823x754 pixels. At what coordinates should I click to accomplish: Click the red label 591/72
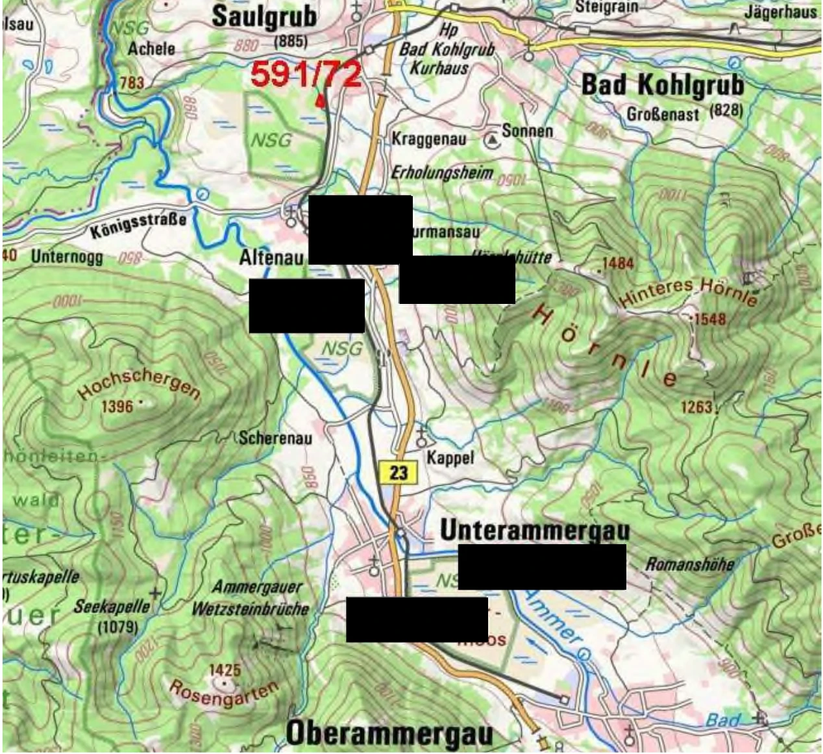click(x=306, y=74)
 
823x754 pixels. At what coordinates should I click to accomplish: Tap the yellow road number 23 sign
click(x=398, y=472)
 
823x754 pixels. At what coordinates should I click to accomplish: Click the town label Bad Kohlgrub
click(x=662, y=85)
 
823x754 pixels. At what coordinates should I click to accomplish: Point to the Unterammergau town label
click(x=535, y=531)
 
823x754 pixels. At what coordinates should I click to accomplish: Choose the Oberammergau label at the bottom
click(x=389, y=733)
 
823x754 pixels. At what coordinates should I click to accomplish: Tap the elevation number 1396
click(x=117, y=407)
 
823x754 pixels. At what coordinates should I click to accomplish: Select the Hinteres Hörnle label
click(x=689, y=293)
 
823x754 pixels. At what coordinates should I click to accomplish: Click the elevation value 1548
click(x=709, y=319)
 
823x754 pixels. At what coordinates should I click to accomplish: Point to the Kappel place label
click(x=450, y=457)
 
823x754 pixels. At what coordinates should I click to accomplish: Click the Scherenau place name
click(x=275, y=438)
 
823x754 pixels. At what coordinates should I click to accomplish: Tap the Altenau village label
click(x=271, y=258)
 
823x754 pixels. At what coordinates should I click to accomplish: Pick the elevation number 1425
click(x=225, y=670)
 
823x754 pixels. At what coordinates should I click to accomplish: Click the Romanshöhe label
click(x=689, y=564)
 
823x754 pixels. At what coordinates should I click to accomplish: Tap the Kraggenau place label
click(x=428, y=139)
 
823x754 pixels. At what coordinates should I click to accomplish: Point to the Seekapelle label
click(x=111, y=607)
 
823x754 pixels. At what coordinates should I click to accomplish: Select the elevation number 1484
click(x=617, y=263)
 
